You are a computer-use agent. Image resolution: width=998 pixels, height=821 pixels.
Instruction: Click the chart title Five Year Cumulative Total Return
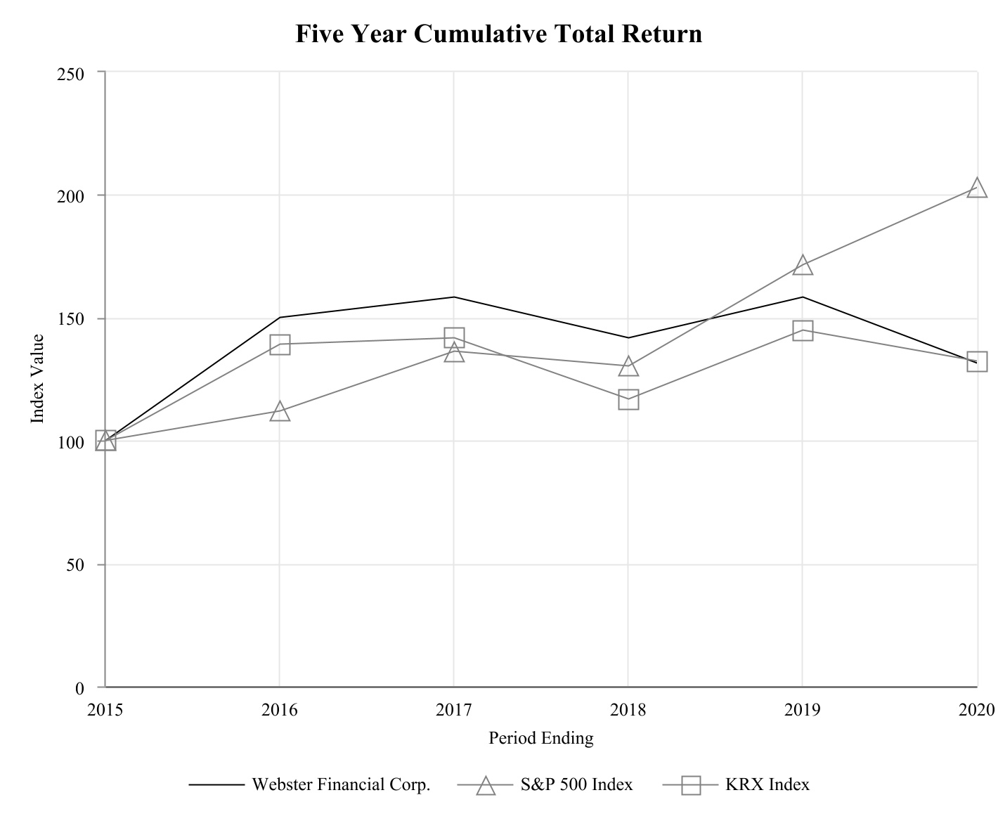tap(498, 34)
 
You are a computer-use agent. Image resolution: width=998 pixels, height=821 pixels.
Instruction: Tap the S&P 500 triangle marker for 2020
tap(977, 188)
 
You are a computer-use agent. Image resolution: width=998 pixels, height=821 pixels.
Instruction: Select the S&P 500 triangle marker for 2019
tap(803, 265)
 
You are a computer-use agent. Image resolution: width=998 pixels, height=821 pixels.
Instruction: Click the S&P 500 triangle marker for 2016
tap(280, 411)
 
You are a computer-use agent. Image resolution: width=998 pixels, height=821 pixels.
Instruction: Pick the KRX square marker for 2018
tap(628, 400)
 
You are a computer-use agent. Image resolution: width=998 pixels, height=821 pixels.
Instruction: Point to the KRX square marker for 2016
tap(280, 344)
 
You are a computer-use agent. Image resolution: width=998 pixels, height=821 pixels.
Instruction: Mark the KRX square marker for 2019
tap(803, 330)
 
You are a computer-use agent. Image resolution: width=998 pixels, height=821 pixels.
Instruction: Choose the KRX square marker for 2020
tap(977, 362)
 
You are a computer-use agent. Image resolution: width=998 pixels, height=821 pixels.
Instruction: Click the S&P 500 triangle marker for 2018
tap(628, 366)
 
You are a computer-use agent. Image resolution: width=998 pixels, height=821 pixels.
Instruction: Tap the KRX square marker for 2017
tap(454, 337)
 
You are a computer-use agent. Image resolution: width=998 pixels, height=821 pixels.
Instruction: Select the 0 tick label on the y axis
tap(79, 688)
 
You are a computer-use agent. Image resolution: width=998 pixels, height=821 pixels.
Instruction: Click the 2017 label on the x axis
tap(454, 711)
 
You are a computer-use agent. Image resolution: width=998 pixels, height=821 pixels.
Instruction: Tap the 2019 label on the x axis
tap(803, 711)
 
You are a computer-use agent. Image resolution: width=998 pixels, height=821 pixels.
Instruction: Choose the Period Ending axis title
tap(540, 738)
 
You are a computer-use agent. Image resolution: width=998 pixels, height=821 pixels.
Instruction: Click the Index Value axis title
tap(37, 379)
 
